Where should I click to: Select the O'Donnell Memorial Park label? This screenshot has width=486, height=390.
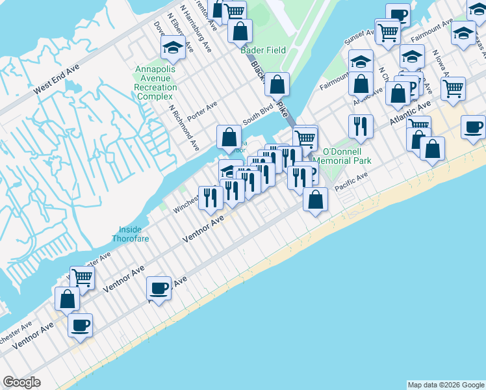(342, 156)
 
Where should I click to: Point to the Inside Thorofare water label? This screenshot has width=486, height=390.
(134, 233)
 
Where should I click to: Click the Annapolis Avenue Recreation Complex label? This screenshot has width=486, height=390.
(156, 83)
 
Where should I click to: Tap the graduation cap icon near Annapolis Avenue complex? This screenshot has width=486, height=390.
(173, 47)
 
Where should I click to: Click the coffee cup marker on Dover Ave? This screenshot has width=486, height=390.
(159, 287)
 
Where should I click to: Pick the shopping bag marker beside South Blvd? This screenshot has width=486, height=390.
(229, 137)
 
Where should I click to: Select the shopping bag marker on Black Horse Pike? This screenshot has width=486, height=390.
(277, 84)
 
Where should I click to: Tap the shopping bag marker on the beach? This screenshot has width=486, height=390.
(315, 200)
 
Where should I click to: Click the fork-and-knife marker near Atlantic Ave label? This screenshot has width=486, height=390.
(359, 126)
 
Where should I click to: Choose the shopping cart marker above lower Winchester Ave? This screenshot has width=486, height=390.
(82, 278)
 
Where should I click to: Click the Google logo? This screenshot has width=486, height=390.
(22, 382)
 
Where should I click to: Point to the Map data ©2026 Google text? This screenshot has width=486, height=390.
(445, 385)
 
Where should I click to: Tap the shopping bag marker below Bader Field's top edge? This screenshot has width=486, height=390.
(240, 31)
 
